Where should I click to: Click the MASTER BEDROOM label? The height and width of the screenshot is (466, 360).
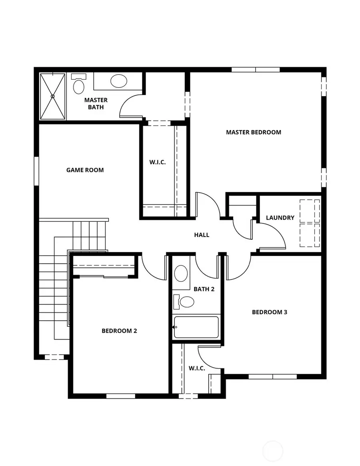pos(254,132)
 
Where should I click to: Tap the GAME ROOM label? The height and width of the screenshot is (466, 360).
pos(85,170)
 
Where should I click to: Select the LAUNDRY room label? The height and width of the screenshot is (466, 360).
pos(280,218)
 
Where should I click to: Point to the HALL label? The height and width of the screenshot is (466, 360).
pos(202,235)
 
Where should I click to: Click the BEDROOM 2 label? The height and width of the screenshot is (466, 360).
pos(119,331)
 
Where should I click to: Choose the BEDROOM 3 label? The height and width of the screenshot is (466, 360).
pos(270,312)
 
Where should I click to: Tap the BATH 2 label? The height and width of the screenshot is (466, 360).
pos(204,289)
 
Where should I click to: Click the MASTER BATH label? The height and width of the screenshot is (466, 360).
pos(96,104)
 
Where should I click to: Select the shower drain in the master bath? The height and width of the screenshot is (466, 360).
pos(52,96)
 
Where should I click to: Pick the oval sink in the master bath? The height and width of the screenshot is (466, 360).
pos(119,81)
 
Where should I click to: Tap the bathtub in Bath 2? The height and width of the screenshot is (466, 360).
pos(196,327)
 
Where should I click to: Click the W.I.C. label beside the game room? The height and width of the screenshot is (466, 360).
pos(157,162)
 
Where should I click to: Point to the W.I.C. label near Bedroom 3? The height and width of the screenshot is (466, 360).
pos(197,368)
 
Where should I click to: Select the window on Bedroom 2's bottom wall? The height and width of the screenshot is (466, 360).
pos(120,396)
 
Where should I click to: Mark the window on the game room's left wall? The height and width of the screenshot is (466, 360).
pos(36,171)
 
